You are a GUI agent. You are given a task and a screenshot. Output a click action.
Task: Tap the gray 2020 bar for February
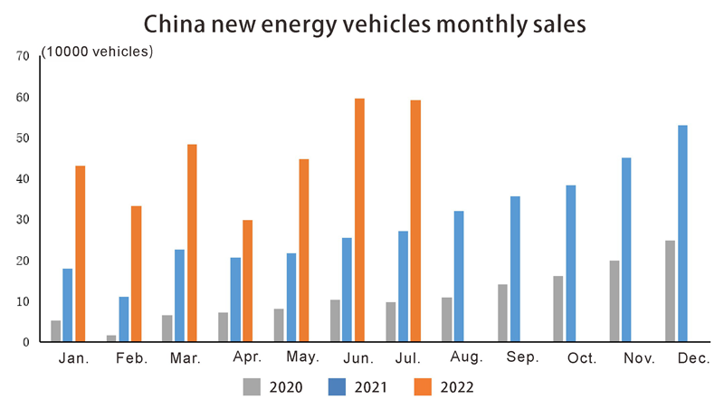point(112,338)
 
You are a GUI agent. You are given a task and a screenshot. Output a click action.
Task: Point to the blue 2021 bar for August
point(459,276)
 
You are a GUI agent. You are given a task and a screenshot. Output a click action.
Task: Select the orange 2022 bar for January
point(80,253)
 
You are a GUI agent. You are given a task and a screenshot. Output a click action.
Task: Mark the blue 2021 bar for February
point(124,319)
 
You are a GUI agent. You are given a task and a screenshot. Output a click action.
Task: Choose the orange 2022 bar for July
point(415,221)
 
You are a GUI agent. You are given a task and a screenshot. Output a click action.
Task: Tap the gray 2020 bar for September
point(502,313)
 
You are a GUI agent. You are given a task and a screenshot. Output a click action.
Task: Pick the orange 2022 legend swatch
point(419,387)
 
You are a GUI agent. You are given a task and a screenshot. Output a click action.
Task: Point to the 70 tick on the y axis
point(24,56)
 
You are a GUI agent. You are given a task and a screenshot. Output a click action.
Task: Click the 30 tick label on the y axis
point(24,220)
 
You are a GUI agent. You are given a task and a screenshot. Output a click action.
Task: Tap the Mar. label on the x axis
point(186,359)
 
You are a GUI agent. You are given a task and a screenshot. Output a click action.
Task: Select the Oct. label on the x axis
point(581,359)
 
